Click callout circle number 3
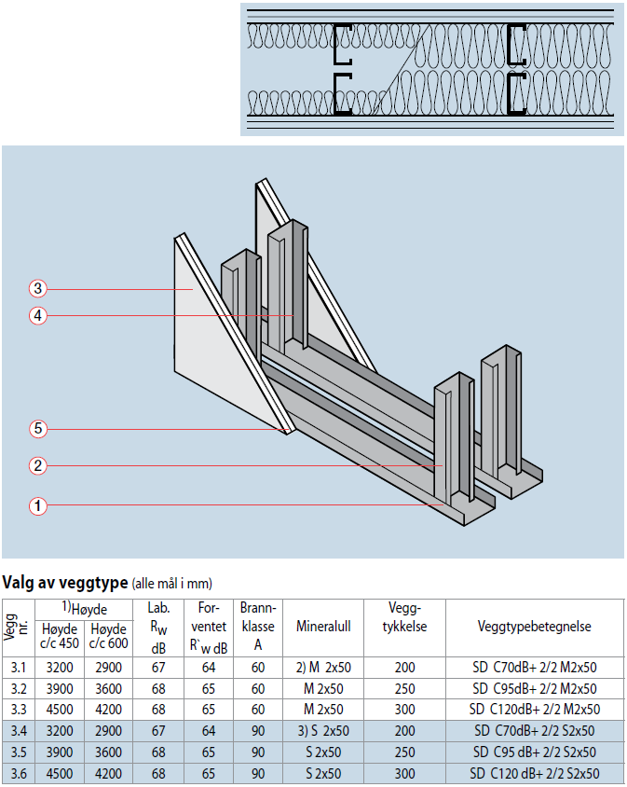click(x=37, y=289)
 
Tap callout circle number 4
click(x=37, y=316)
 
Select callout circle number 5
click(x=37, y=429)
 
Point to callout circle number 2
click(x=37, y=466)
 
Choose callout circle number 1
click(x=37, y=505)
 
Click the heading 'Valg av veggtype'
click(x=65, y=583)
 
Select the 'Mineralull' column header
click(x=323, y=627)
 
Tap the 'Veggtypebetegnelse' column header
click(x=534, y=627)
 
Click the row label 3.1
click(x=19, y=668)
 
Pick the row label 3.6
click(x=19, y=773)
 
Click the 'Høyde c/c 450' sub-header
click(x=60, y=636)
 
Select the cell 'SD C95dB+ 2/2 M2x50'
click(x=534, y=688)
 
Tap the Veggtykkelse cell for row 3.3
click(x=404, y=710)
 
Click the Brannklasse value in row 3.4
click(x=258, y=731)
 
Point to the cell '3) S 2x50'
click(x=323, y=731)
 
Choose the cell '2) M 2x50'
click(x=323, y=668)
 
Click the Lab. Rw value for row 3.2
click(x=158, y=688)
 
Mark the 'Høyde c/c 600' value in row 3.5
click(x=108, y=752)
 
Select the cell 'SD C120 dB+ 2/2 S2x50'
click(x=534, y=773)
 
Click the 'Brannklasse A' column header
click(x=258, y=627)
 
